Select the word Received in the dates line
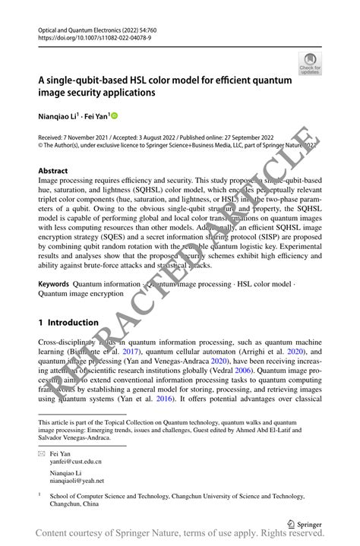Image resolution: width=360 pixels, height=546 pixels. point(52,138)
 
